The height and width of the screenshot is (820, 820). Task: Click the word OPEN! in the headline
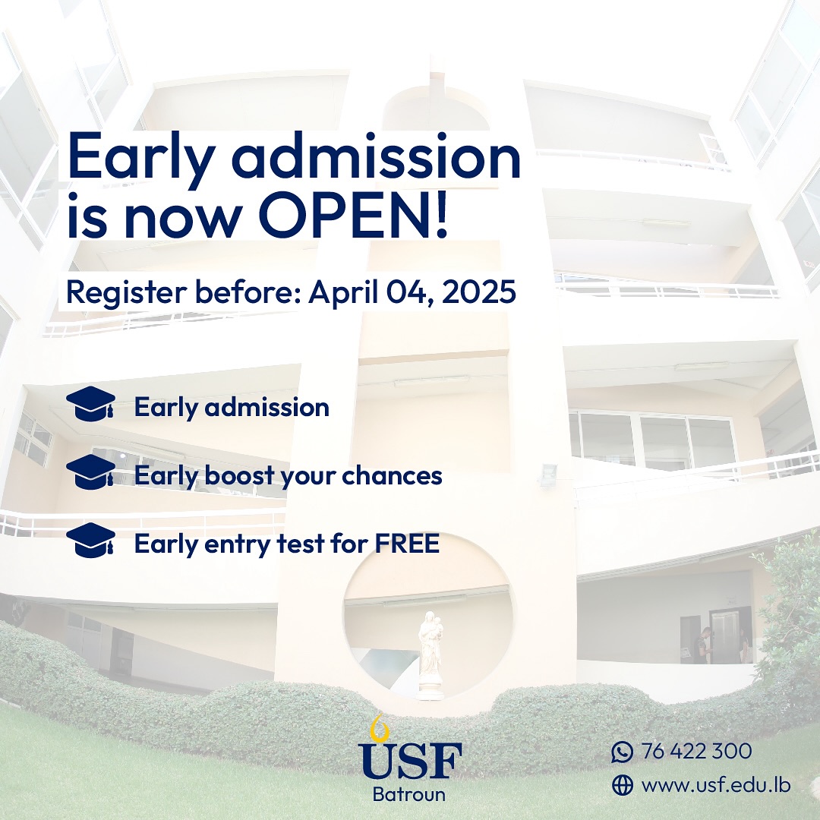coord(353,215)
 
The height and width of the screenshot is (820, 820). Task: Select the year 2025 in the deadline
coord(479,292)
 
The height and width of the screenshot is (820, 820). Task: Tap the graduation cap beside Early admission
coord(90,403)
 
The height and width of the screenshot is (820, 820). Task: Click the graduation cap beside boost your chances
coord(90,471)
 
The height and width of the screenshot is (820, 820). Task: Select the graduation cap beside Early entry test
coord(90,540)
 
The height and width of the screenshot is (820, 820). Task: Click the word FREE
coord(407,544)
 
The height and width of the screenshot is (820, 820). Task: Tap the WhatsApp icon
coord(623,752)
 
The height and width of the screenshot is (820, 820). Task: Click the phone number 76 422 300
coord(696,751)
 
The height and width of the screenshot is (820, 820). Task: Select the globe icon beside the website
coord(623,785)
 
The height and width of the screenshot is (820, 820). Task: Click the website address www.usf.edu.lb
coord(716,784)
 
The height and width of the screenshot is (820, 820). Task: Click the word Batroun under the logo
coord(409,794)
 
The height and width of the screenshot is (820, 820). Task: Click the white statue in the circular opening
coord(430,654)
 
